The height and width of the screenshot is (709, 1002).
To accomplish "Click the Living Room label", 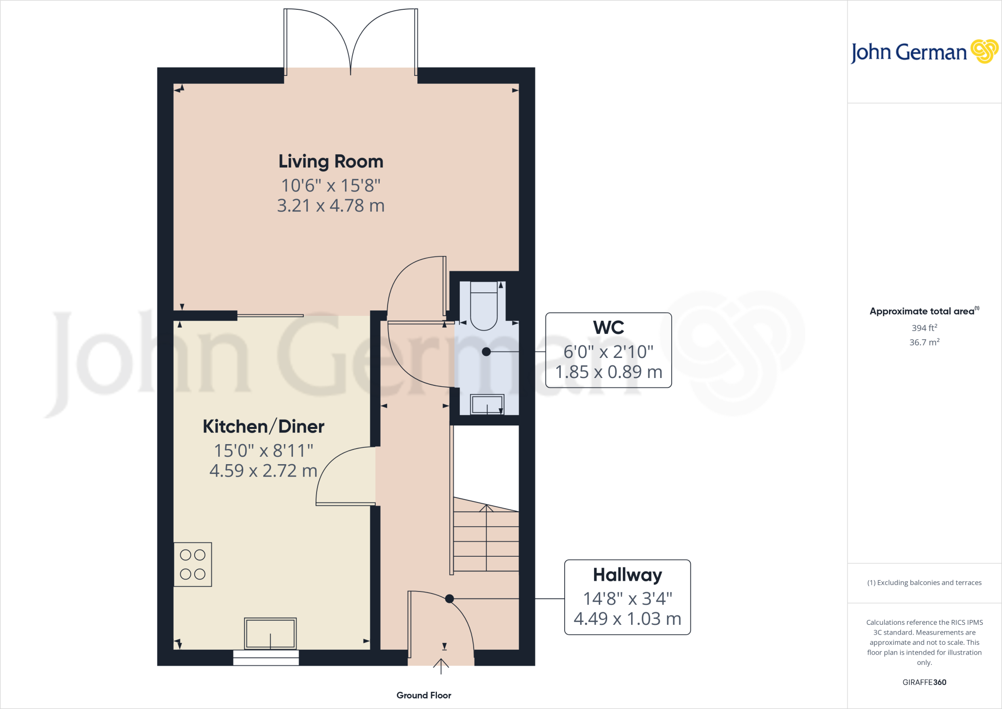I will (x=331, y=162).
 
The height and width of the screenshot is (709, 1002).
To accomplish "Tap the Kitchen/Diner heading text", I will (x=263, y=426).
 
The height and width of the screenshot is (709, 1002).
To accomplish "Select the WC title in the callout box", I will (x=608, y=328).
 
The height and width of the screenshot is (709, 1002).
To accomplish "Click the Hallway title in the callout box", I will (x=627, y=575).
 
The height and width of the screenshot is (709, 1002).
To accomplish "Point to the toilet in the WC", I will (x=484, y=307).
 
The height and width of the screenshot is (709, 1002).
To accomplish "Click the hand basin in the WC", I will (x=487, y=405).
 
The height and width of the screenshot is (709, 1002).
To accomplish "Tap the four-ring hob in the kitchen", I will (x=193, y=565).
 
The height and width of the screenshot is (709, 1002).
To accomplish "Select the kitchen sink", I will (x=270, y=633).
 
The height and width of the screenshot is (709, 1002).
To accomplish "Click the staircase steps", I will (x=486, y=541).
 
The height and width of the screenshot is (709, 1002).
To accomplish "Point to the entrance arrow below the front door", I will (x=441, y=666).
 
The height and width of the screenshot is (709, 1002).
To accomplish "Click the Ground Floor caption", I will (x=424, y=695).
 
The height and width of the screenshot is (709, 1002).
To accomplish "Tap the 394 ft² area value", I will (x=924, y=328).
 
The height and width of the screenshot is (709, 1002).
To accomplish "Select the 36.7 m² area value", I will (x=924, y=342).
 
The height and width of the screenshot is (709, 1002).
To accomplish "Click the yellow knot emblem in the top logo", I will (x=984, y=51).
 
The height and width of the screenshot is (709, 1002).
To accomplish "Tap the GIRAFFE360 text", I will (x=924, y=682).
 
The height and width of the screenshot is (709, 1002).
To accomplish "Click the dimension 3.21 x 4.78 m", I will (x=331, y=206).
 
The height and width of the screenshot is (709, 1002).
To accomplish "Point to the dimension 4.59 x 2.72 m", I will (x=263, y=471).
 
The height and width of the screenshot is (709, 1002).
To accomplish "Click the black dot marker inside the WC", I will (x=486, y=352).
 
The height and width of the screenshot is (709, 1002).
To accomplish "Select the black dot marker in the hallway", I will (x=450, y=598).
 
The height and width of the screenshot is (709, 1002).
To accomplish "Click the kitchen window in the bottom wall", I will (x=266, y=658).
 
